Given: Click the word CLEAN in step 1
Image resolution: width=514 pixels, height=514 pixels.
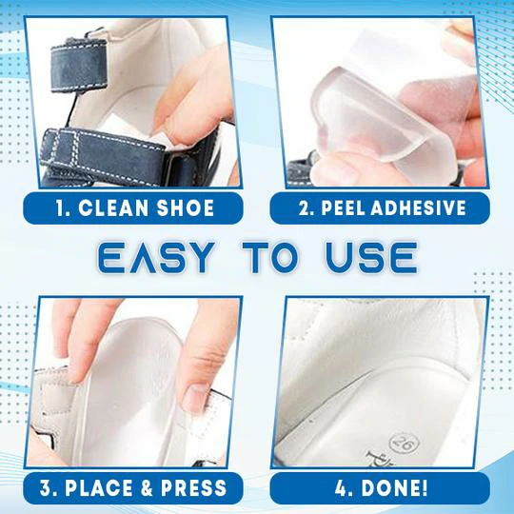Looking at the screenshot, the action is [113, 208].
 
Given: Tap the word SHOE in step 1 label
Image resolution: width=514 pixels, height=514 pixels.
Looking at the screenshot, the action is [186, 208].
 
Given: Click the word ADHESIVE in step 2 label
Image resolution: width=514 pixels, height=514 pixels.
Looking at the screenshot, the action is [418, 208].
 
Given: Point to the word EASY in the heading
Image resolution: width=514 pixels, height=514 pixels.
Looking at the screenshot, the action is [156, 258].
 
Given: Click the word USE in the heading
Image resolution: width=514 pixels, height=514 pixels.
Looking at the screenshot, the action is [372, 258].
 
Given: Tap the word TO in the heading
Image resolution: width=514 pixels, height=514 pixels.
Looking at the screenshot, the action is [270, 258].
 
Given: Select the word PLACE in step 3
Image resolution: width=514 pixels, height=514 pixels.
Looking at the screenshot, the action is [99, 488].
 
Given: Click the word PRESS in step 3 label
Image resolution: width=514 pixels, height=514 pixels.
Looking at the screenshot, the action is [193, 488].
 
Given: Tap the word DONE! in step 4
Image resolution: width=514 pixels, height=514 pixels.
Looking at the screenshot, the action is [394, 488].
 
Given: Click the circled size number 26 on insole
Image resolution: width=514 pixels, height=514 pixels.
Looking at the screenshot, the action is [405, 444].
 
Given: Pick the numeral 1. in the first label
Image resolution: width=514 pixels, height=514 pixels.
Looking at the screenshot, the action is [62, 208].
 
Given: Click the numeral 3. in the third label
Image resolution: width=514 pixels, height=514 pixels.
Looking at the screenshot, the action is [49, 488].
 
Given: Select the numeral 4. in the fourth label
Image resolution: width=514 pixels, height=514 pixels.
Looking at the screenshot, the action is [345, 488].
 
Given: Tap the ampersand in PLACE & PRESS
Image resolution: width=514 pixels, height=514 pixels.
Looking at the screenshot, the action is [147, 488].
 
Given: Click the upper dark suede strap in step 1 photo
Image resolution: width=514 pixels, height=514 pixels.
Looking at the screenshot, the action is [79, 64].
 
